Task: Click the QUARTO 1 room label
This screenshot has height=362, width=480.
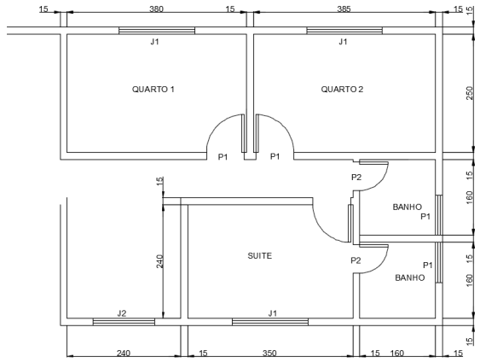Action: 153,89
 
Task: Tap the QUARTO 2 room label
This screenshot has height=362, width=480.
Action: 342,89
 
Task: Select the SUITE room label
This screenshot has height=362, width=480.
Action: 259,255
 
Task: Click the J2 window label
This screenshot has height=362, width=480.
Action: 122,313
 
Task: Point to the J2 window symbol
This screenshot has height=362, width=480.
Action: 124,322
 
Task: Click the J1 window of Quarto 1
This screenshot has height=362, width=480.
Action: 157,31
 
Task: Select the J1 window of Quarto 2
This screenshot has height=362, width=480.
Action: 344,31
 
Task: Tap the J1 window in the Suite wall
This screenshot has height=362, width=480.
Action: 270,322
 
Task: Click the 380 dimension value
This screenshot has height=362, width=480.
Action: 156,9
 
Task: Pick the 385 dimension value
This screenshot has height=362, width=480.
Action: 344,9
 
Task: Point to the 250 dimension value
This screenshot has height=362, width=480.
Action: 469,93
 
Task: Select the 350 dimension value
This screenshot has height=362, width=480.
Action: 269,353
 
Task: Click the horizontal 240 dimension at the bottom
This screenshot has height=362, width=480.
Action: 124,353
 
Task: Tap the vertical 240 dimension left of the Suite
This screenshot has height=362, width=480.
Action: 159,261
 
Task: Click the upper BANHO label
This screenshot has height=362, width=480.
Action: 408,207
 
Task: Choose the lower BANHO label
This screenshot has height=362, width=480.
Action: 409,277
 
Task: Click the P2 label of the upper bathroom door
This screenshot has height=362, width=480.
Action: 356,178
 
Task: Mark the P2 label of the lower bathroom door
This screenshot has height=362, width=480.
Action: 356,260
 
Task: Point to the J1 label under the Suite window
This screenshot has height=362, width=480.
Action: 273,313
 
